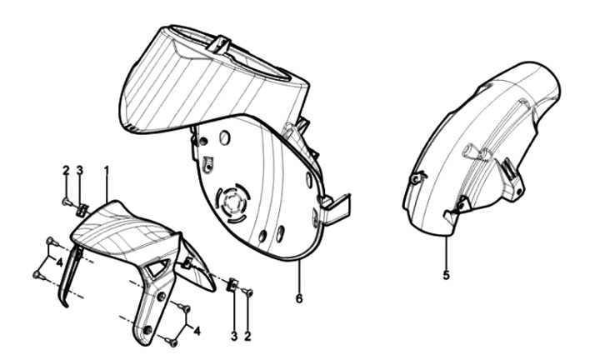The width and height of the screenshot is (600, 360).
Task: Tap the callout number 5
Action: pos(446,275)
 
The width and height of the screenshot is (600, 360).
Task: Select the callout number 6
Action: pos(299,298)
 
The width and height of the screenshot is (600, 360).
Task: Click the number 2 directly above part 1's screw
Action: pos(66,170)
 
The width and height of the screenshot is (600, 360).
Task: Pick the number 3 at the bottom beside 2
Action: pos(234,337)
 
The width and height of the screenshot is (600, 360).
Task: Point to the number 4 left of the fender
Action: pos(59,262)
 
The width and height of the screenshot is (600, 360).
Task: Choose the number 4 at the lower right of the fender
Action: pos(197,331)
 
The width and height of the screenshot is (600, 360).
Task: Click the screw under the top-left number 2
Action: pos(67,201)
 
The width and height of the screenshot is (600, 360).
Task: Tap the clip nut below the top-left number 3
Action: pos(82,210)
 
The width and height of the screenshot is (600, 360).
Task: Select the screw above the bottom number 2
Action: pos(247,292)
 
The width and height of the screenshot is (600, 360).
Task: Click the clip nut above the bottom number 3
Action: pos(232,285)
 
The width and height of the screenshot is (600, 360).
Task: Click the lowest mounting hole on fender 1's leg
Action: pos(147,329)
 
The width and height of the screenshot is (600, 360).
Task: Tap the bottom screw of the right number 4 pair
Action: pos(172,342)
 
